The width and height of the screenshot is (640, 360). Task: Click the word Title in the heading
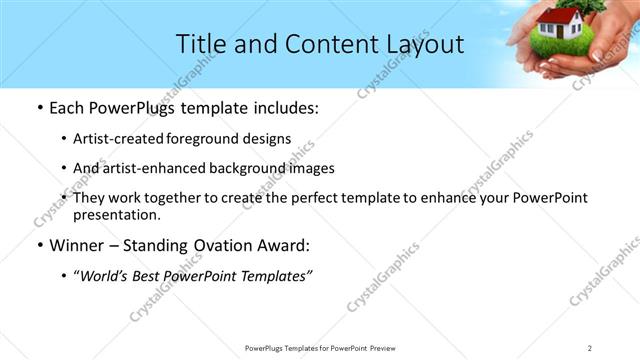[x=200, y=45]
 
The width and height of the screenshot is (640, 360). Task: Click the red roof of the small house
[x=556, y=16]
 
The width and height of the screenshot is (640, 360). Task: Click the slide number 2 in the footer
[x=590, y=347]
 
